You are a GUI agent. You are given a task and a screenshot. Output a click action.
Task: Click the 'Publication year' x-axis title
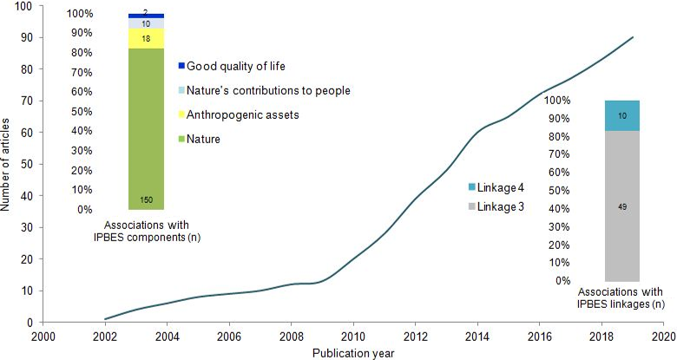pyautogui.click(x=352, y=351)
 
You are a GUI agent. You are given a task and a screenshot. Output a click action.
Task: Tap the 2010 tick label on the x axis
pyautogui.click(x=352, y=336)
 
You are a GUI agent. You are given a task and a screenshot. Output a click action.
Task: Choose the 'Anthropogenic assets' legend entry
pyautogui.click(x=240, y=115)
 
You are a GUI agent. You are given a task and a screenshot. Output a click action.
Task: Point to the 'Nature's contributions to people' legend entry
pyautogui.click(x=267, y=90)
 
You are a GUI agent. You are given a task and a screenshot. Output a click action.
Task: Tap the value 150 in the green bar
pyautogui.click(x=146, y=201)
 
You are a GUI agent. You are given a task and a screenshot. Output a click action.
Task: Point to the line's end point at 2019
pyautogui.click(x=633, y=37)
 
